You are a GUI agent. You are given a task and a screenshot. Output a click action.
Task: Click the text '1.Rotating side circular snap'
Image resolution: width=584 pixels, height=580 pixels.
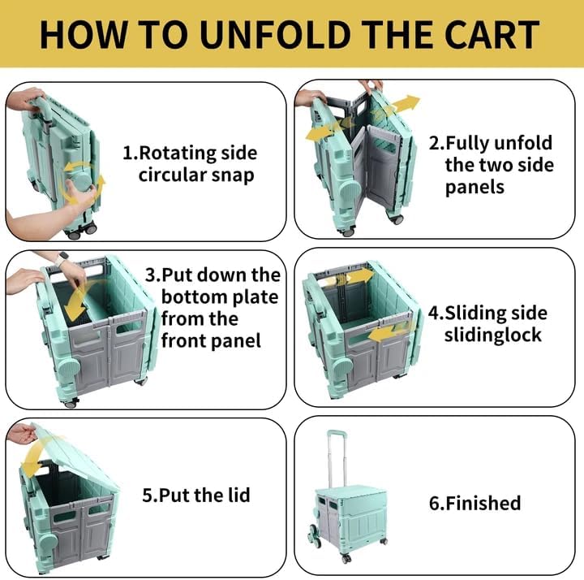pyautogui.click(x=189, y=163)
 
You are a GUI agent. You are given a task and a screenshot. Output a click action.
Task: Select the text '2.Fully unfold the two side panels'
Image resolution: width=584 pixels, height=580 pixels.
pyautogui.click(x=498, y=165)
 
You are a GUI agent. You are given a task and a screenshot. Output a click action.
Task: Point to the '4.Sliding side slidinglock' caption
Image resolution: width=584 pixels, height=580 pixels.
pyautogui.click(x=498, y=323)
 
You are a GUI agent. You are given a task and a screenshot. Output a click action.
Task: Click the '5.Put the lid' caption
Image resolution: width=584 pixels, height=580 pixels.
pyautogui.click(x=195, y=494)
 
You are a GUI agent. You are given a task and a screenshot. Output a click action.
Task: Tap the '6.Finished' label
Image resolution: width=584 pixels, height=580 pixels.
pyautogui.click(x=474, y=503)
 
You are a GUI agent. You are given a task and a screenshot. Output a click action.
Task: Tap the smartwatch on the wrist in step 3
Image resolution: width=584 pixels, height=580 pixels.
pyautogui.click(x=62, y=259)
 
